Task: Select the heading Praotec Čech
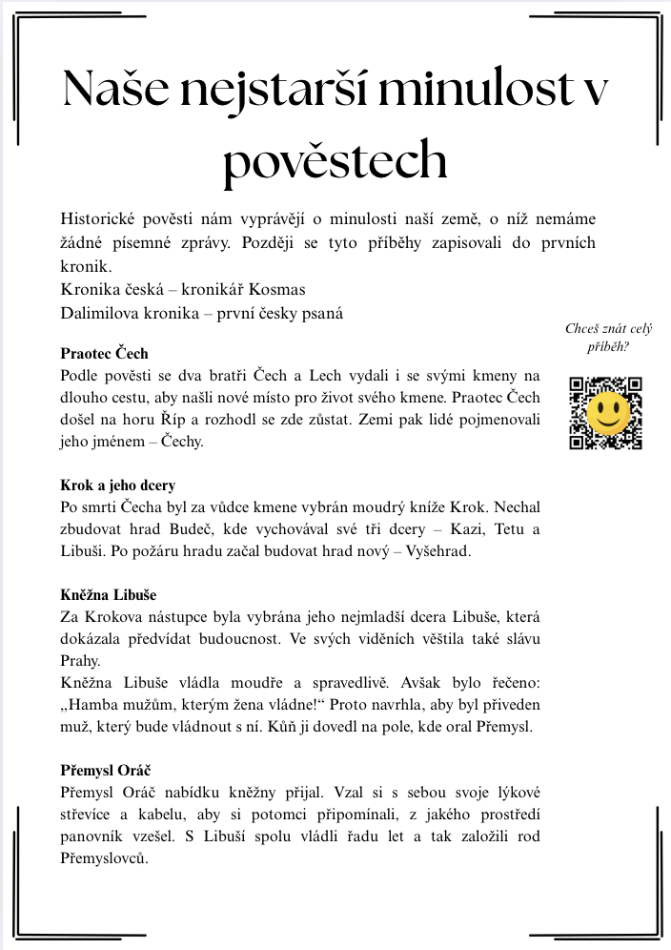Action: click(104, 354)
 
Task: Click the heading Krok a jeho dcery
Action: click(118, 485)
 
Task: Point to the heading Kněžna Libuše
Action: click(109, 595)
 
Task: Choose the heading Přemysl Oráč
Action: click(106, 771)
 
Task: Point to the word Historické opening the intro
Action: click(102, 218)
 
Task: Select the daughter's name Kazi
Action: click(465, 529)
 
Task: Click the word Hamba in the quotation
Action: click(95, 705)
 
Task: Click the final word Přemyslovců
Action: click(104, 858)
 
